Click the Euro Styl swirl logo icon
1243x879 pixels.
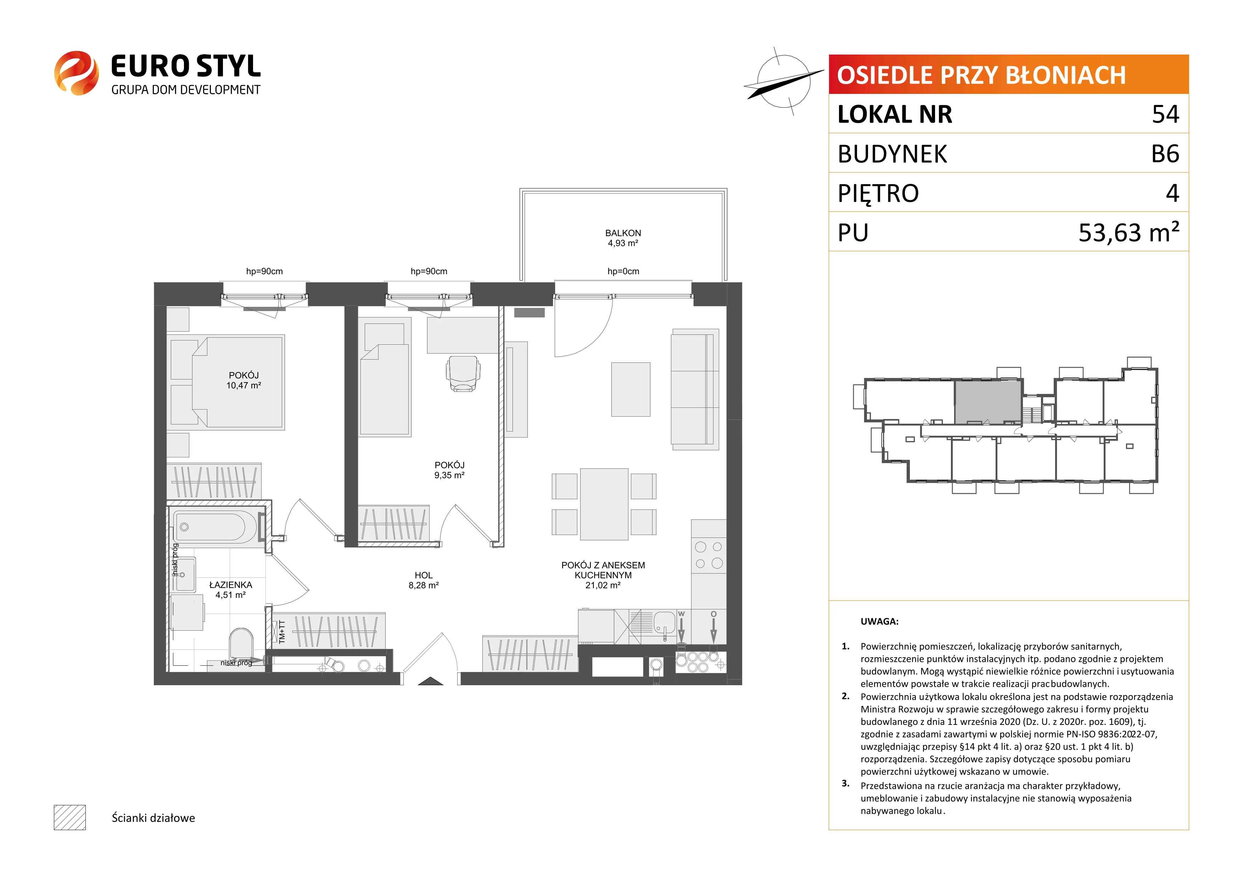click(x=76, y=73)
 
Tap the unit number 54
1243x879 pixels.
click(x=1165, y=114)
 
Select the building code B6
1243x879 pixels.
click(x=1165, y=154)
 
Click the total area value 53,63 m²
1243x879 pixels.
click(x=1129, y=232)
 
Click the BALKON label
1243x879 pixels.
click(x=623, y=233)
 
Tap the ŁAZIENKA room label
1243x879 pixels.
click(x=231, y=585)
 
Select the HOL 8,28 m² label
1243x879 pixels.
click(x=423, y=580)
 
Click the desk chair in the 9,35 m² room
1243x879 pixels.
click(x=463, y=373)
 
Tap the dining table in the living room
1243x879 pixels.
click(x=604, y=504)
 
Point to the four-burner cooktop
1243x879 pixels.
click(x=709, y=555)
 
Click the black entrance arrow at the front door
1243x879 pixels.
click(x=430, y=681)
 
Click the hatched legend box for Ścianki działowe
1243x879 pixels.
click(x=70, y=817)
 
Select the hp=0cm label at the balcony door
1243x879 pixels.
click(x=623, y=271)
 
